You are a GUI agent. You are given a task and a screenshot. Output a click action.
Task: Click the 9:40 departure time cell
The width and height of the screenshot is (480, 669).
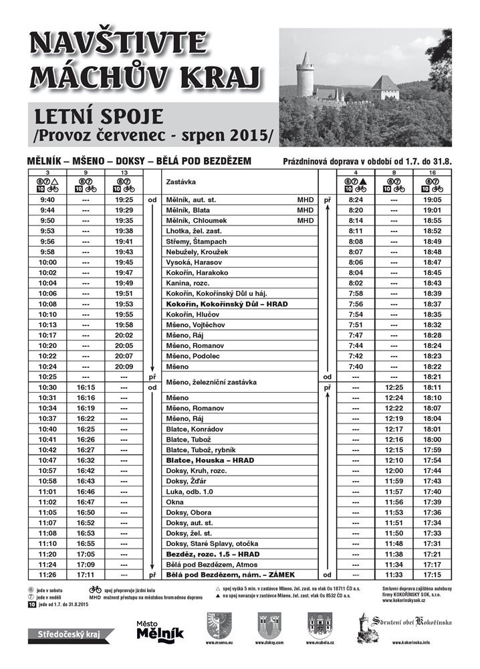pos(47,199)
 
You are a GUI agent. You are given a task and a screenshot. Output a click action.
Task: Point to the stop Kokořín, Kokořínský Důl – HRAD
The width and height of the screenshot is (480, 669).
pos(227,304)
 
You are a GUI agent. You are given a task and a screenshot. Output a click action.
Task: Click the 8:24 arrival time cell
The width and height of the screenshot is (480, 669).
pos(355,199)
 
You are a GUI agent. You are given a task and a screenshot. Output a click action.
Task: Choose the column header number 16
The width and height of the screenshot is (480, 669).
pos(433,173)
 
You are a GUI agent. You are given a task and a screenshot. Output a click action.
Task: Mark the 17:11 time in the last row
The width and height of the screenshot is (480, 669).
pos(86,575)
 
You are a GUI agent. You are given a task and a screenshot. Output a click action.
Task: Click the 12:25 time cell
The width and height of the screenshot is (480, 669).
pos(394,387)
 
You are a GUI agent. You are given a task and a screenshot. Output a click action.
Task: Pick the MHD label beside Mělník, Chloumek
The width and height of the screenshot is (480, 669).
pos(306,220)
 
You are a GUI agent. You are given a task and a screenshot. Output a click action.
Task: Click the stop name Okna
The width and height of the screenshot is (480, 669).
pos(175,502)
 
